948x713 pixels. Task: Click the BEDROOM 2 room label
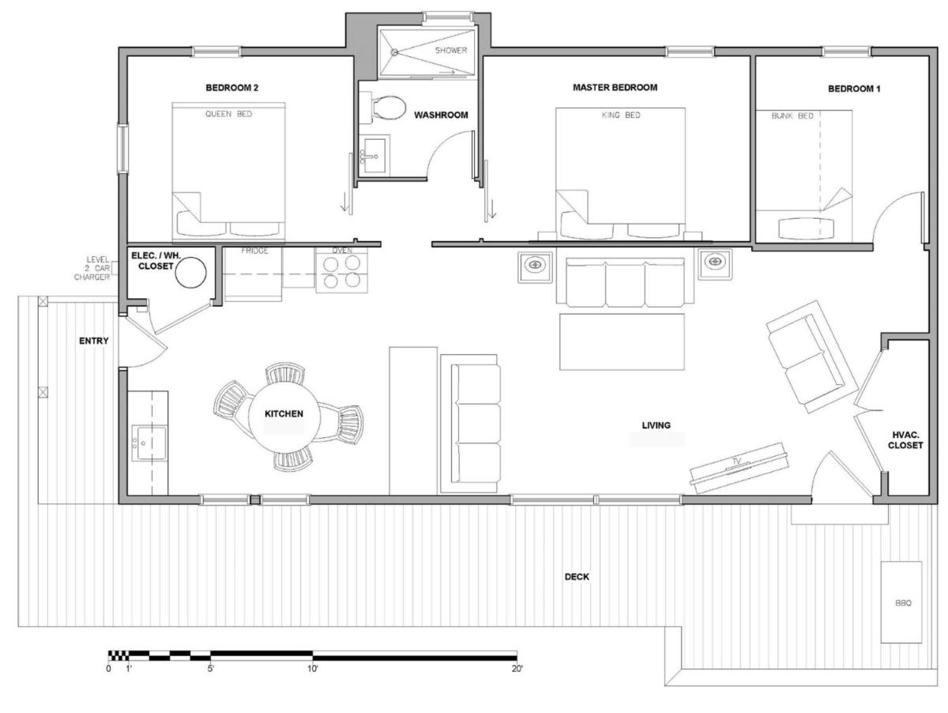[231, 88]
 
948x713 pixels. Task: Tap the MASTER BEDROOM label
[615, 87]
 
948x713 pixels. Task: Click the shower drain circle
[394, 52]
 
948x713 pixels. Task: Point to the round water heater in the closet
[190, 273]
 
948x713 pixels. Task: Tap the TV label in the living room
[736, 462]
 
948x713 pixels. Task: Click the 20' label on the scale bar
[517, 669]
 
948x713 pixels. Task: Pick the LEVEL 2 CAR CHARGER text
[93, 268]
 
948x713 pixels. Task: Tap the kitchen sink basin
[149, 443]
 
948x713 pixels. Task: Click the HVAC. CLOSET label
[905, 440]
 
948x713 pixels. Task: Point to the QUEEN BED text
[228, 114]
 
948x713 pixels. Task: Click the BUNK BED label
[792, 116]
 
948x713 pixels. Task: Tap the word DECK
[577, 577]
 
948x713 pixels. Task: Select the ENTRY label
[94, 341]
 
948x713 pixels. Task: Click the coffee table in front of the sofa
[622, 341]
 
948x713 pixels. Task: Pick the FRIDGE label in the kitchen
[254, 251]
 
